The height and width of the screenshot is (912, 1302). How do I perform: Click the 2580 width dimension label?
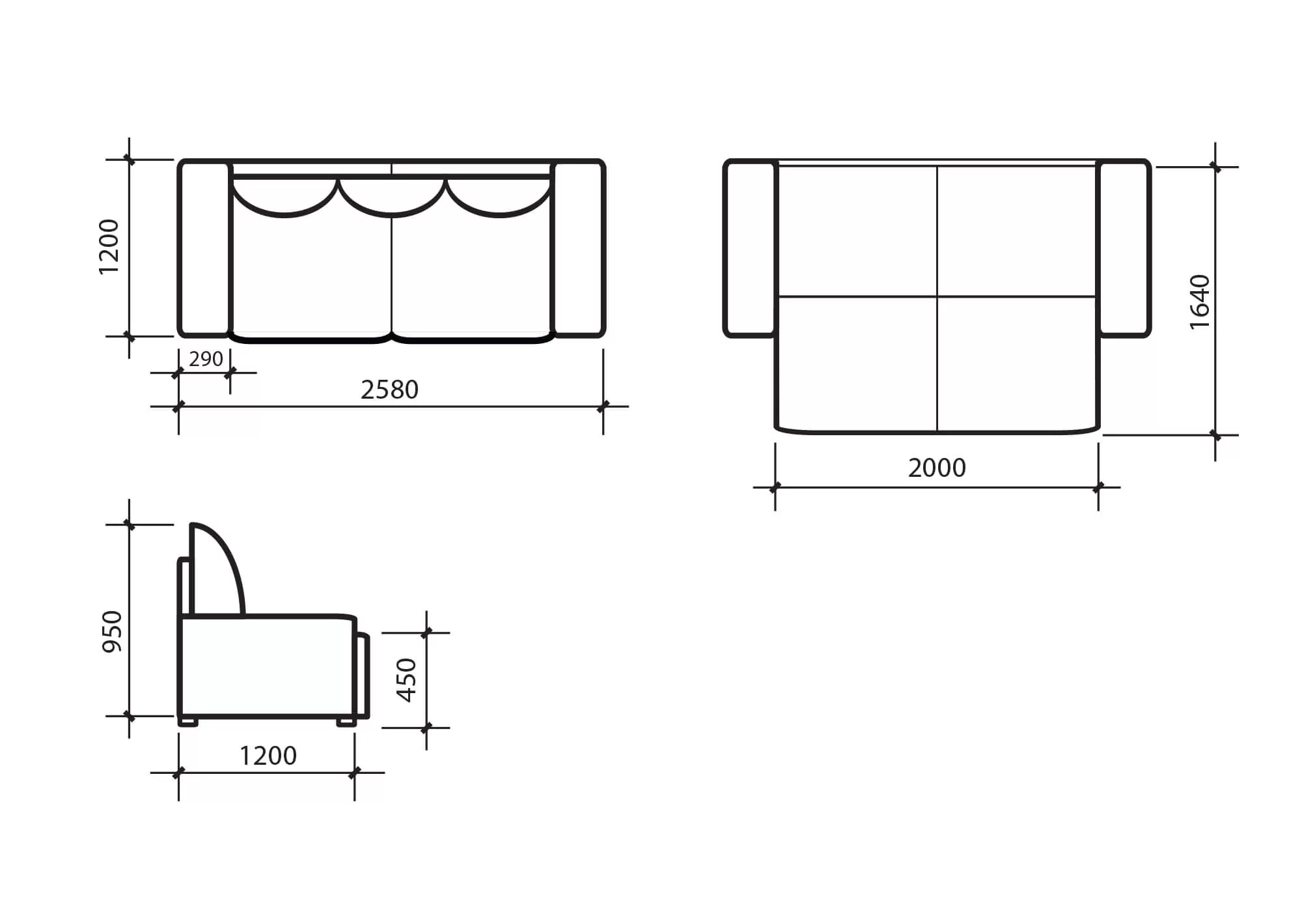[389, 390]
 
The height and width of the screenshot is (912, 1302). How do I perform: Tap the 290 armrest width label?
[206, 359]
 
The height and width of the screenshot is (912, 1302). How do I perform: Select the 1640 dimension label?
[1199, 302]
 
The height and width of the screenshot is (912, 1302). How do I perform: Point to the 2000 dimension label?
[937, 468]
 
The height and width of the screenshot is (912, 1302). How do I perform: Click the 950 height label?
[113, 631]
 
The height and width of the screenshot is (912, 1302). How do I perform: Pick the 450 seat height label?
[406, 680]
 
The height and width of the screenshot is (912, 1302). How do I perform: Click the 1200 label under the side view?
[268, 756]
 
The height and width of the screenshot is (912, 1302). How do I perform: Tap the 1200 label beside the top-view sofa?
[109, 247]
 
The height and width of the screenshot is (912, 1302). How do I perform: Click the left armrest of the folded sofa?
[204, 248]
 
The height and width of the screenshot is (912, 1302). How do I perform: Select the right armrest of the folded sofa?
[579, 248]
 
